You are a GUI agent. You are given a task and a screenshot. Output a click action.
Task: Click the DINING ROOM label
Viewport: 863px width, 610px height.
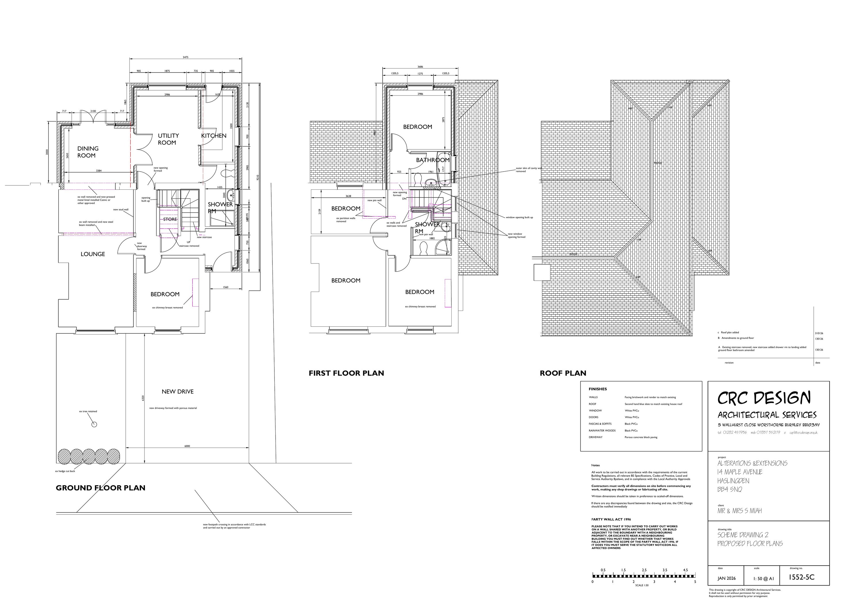(x=87, y=152)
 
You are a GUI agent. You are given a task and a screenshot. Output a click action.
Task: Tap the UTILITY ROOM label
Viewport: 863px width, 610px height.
(x=168, y=139)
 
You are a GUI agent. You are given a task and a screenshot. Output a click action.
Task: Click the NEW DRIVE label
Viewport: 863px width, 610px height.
(x=177, y=392)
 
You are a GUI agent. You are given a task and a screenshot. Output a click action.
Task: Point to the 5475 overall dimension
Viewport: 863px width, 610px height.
(x=185, y=57)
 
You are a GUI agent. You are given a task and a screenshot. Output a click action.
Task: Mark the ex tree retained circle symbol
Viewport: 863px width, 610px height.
(x=94, y=424)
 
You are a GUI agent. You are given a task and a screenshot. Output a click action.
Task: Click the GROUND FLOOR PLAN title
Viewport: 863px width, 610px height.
(x=100, y=488)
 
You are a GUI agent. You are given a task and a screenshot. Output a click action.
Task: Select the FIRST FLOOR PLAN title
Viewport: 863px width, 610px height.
(x=346, y=373)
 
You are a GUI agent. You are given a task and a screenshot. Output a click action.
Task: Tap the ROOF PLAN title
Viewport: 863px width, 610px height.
(x=563, y=373)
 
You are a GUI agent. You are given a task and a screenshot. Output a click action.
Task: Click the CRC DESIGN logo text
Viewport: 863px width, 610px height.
(x=764, y=398)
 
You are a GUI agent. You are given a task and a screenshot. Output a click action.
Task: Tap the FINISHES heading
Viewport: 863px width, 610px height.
(x=598, y=389)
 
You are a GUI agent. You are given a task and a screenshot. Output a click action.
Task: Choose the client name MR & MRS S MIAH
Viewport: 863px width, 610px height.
(x=739, y=511)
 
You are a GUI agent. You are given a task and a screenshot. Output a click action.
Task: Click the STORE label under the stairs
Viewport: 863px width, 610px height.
(x=170, y=219)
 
